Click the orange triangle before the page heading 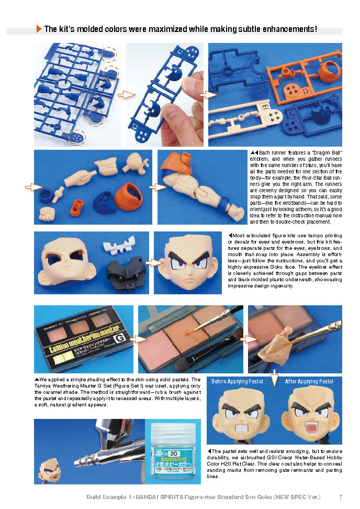point(39,29)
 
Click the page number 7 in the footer point(341,496)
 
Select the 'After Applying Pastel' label point(309,381)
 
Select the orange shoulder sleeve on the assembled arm point(173,168)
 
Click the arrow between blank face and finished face point(153,263)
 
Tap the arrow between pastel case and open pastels point(137,339)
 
